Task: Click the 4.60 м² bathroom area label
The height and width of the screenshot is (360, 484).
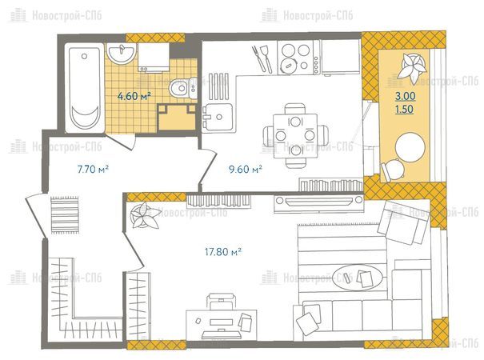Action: click(x=134, y=96)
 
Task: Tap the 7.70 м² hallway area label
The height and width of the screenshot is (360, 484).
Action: click(x=93, y=169)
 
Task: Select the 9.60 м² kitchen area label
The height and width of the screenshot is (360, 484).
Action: click(x=246, y=169)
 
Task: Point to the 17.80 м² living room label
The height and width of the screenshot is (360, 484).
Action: click(x=223, y=252)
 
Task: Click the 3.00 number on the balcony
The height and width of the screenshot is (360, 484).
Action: click(x=406, y=96)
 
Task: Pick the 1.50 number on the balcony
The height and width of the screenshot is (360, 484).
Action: click(x=404, y=110)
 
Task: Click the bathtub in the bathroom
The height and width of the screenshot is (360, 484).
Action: click(x=84, y=88)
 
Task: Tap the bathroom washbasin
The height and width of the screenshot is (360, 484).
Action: click(x=122, y=54)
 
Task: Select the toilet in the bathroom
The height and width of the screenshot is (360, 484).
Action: click(x=182, y=88)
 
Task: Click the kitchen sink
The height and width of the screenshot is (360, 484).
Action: click(x=218, y=117)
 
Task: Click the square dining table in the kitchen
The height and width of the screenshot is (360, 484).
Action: click(x=295, y=136)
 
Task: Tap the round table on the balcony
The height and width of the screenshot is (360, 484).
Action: click(x=410, y=146)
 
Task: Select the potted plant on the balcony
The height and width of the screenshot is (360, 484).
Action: click(x=412, y=66)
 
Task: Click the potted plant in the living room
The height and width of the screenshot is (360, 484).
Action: click(x=144, y=215)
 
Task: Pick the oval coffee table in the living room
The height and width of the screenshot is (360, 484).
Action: click(x=359, y=278)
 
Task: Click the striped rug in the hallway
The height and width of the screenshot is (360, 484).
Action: click(x=65, y=214)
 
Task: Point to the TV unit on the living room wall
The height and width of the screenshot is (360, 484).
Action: click(x=318, y=202)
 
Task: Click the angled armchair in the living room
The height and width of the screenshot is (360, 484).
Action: click(x=403, y=222)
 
